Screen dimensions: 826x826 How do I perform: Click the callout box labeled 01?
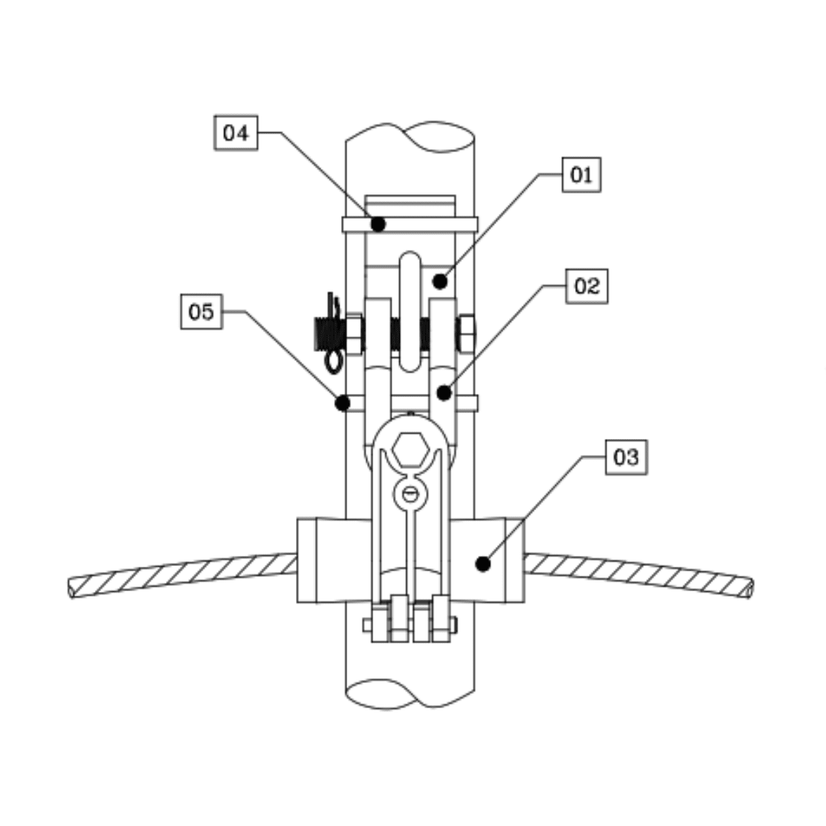pyautogui.click(x=581, y=175)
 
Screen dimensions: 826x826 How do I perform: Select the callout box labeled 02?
pyautogui.click(x=587, y=286)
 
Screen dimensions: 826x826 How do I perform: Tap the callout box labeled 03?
pyautogui.click(x=626, y=457)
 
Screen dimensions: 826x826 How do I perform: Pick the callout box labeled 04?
pyautogui.click(x=236, y=133)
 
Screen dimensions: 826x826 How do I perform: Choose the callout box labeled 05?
pyautogui.click(x=202, y=312)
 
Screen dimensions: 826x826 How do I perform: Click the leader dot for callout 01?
pyautogui.click(x=440, y=281)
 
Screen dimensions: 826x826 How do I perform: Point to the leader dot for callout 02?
pyautogui.click(x=444, y=394)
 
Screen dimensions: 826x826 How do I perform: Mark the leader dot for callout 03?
pyautogui.click(x=482, y=564)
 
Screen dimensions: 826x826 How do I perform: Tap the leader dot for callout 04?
pyautogui.click(x=377, y=224)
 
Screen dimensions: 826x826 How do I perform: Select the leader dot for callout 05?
pyautogui.click(x=343, y=402)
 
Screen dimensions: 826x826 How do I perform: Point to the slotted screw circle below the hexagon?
pyautogui.click(x=410, y=494)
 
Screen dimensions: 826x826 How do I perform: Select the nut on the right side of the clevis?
pyautogui.click(x=466, y=334)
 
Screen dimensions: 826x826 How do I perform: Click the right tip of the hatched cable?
pyautogui.click(x=749, y=588)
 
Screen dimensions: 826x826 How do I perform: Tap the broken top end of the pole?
pyautogui.click(x=411, y=138)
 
